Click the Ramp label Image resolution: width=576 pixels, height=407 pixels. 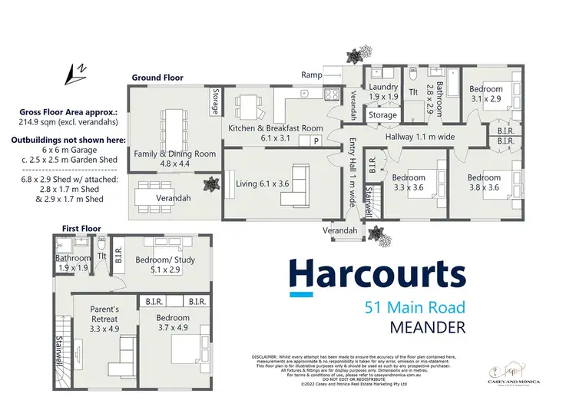pos(312,74)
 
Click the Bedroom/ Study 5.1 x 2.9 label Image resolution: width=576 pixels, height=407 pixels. pos(164,265)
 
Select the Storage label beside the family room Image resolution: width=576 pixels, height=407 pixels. pos(214,103)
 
